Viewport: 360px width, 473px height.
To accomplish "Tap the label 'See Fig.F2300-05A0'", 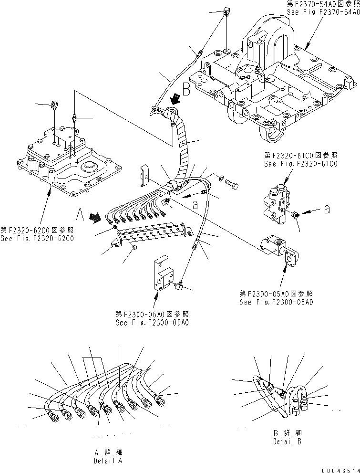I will click(277, 302).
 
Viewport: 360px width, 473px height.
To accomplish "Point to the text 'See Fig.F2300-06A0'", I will click(152, 322).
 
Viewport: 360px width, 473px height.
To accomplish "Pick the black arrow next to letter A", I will click(95, 218).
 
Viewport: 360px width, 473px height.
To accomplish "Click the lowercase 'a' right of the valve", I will click(326, 210).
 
